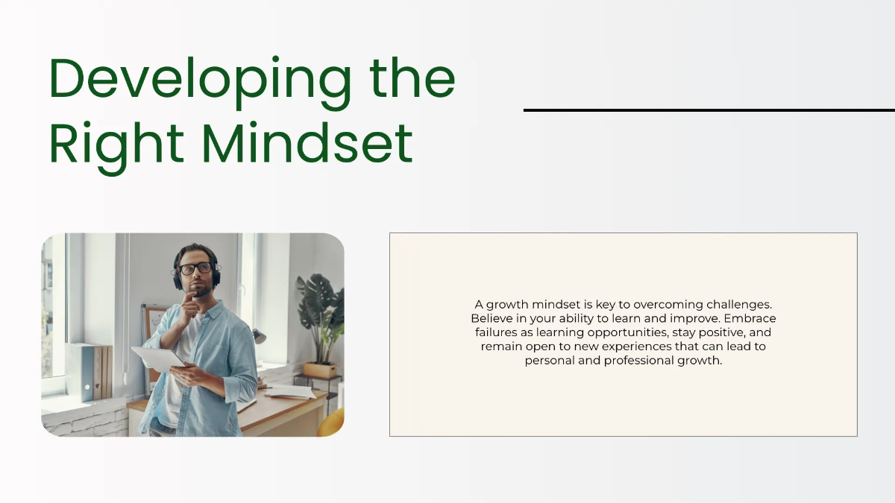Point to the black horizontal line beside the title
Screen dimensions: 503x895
[x=709, y=110]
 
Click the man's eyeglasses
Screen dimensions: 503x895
[x=195, y=268]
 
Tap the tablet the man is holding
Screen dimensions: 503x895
[x=158, y=357]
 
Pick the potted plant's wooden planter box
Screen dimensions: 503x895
[x=320, y=370]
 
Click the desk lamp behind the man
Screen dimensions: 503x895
[x=258, y=336]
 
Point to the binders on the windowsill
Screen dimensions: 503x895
[x=89, y=370]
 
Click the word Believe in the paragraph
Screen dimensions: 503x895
[x=491, y=318]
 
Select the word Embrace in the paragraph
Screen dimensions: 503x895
[x=751, y=318]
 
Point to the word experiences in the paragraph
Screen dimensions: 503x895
[x=641, y=347]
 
